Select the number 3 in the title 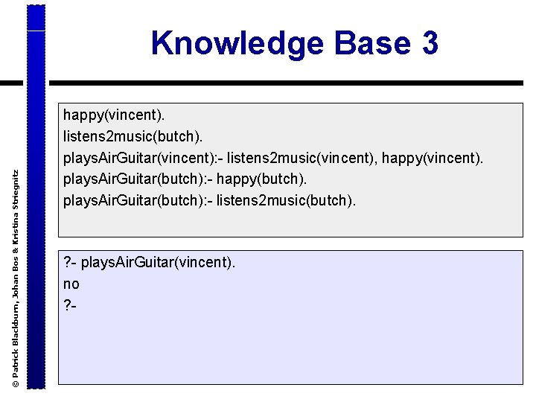click(x=430, y=43)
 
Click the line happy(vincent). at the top click(x=115, y=115)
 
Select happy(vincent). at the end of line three click(x=433, y=158)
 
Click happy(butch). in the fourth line click(x=266, y=179)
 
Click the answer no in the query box click(x=71, y=284)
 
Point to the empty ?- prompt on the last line click(x=70, y=305)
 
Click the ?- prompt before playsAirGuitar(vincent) click(x=70, y=262)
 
